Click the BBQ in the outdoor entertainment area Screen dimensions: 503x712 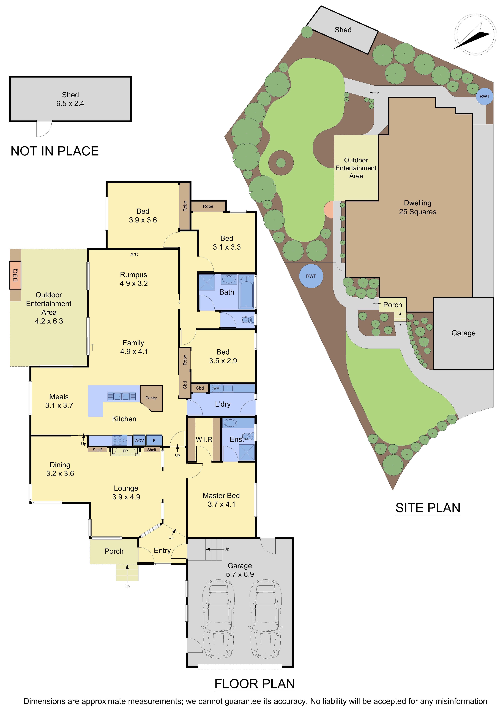pyautogui.click(x=15, y=275)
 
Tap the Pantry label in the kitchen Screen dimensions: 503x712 pyautogui.click(x=151, y=398)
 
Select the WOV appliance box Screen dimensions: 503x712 pyautogui.click(x=139, y=440)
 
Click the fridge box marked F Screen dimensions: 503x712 pyautogui.click(x=154, y=440)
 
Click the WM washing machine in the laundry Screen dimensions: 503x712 pyautogui.click(x=216, y=388)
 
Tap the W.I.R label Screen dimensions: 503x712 pyautogui.click(x=204, y=439)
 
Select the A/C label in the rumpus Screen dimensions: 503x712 pyautogui.click(x=134, y=254)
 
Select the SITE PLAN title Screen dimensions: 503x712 pyautogui.click(x=428, y=508)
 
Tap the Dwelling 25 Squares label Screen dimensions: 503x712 pyautogui.click(x=417, y=207)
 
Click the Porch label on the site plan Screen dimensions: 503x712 pyautogui.click(x=393, y=305)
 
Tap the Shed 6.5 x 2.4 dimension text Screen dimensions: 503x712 pyautogui.click(x=70, y=104)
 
